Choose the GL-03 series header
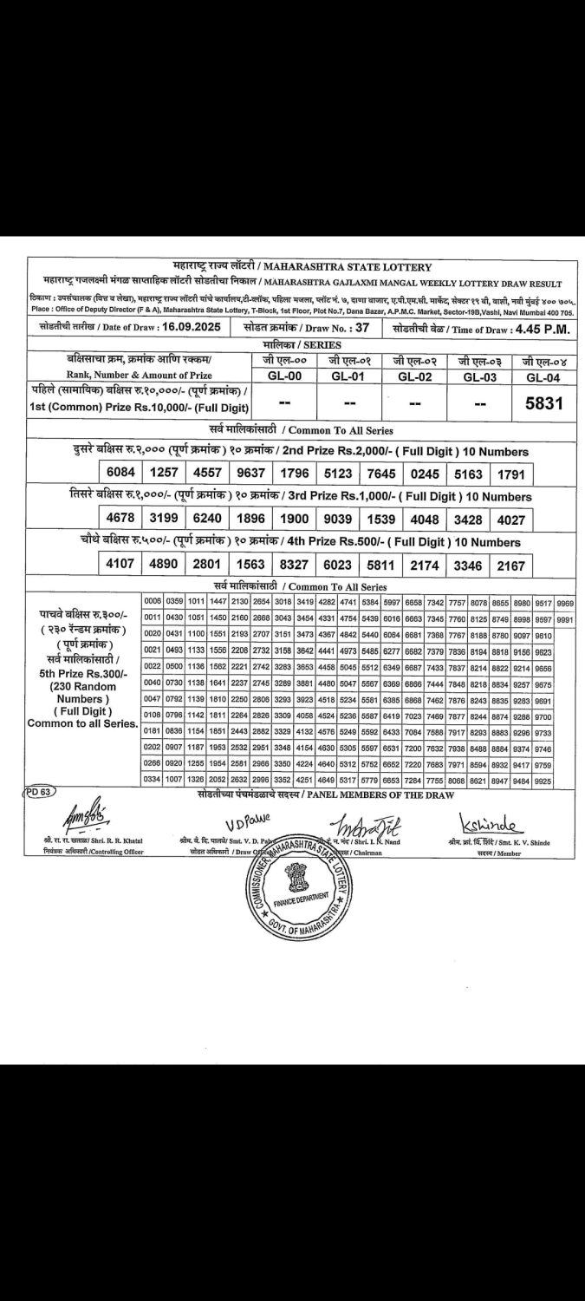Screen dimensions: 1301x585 click(479, 376)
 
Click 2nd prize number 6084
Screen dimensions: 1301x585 click(121, 474)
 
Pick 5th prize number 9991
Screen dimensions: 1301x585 click(565, 619)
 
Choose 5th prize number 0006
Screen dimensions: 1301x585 click(153, 601)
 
